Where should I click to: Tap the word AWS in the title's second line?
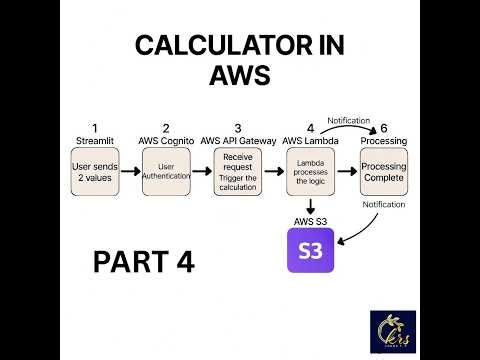(239, 77)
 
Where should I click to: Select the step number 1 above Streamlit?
(95, 127)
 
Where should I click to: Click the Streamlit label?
(95, 141)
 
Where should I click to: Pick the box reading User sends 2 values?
(95, 171)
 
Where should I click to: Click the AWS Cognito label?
(166, 141)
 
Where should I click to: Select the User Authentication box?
(166, 171)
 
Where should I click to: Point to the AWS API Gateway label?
(238, 141)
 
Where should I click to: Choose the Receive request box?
(238, 171)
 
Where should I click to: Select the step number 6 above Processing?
(383, 127)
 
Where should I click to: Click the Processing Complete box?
(383, 171)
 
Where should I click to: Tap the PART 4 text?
(143, 262)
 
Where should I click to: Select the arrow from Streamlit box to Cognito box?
(130, 171)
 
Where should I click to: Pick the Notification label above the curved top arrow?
(349, 119)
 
